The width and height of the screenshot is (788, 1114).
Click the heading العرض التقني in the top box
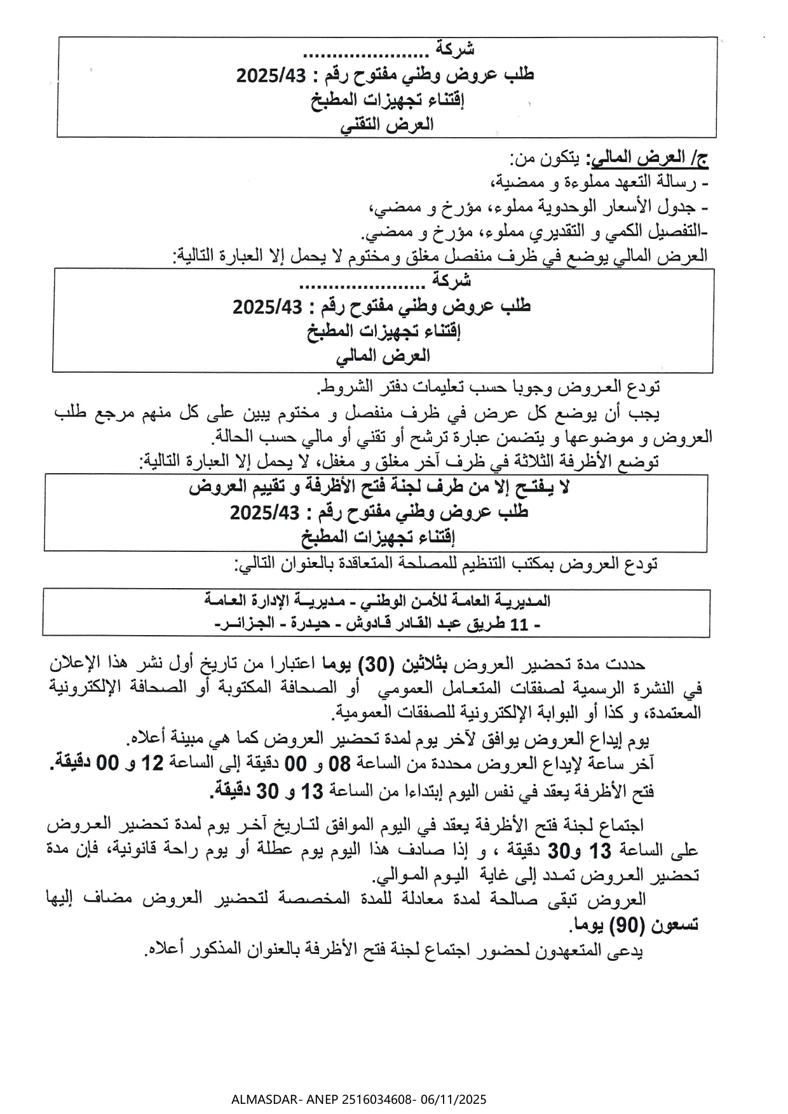click(387, 125)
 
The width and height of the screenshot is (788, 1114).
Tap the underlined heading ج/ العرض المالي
click(649, 158)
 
